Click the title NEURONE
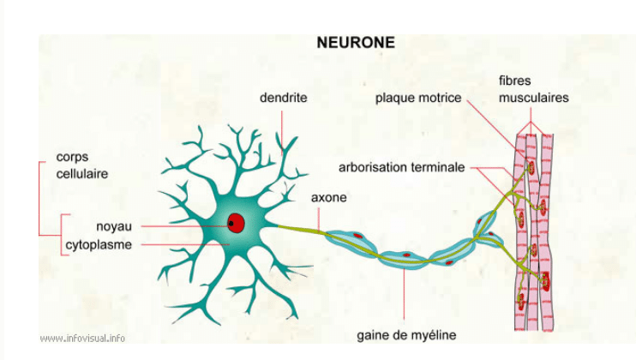click(356, 42)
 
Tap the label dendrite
click(283, 99)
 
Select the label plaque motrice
click(417, 99)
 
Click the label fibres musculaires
click(532, 89)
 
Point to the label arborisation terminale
click(401, 167)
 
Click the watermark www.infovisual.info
click(82, 338)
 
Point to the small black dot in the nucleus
click(231, 224)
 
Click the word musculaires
click(532, 98)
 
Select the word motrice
click(440, 99)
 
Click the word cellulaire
click(81, 174)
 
